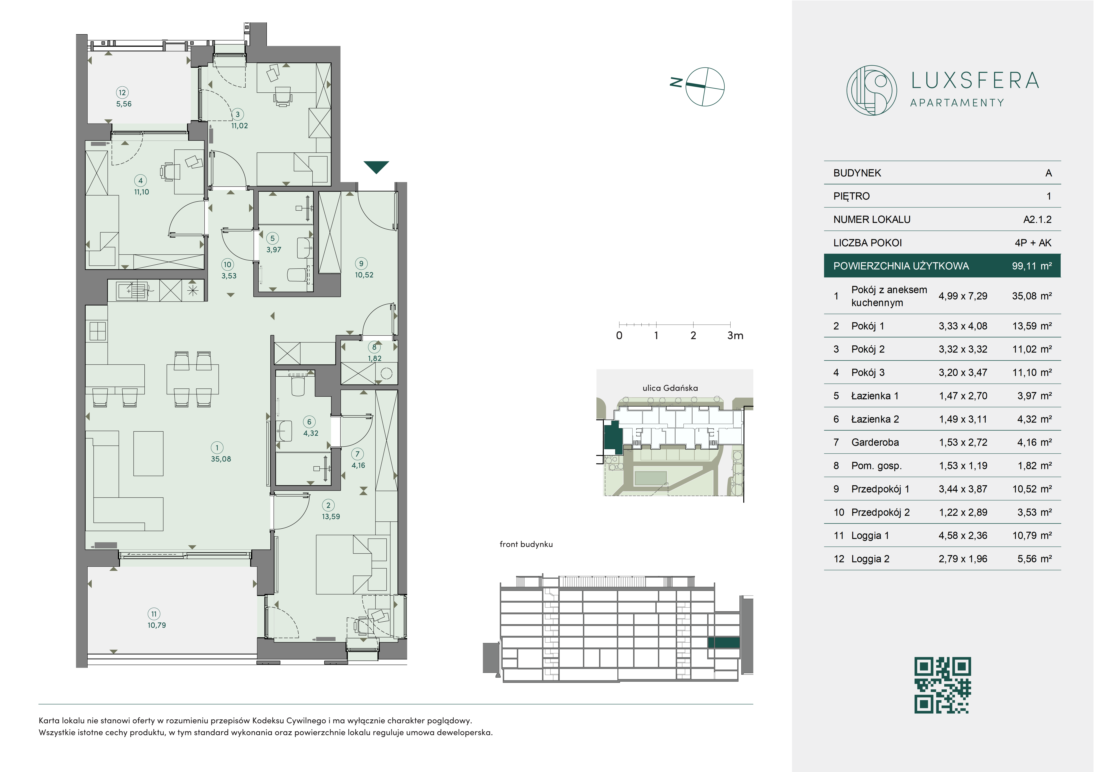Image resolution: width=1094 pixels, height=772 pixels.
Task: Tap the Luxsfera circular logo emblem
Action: [x=871, y=91]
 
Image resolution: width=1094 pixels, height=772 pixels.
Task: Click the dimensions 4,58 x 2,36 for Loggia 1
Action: [x=963, y=536]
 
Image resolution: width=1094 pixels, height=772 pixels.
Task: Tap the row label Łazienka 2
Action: [x=875, y=419]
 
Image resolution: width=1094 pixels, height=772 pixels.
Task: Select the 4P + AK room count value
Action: [x=1033, y=243]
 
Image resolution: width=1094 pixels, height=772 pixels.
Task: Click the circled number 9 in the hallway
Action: [x=361, y=264]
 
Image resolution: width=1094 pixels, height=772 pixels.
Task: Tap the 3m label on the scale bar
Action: [x=735, y=335]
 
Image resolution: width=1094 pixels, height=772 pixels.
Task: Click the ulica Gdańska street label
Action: [x=670, y=388]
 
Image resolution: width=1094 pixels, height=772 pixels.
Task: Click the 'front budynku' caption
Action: [x=526, y=544]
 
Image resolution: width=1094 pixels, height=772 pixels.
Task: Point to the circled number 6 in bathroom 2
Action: [x=309, y=422]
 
